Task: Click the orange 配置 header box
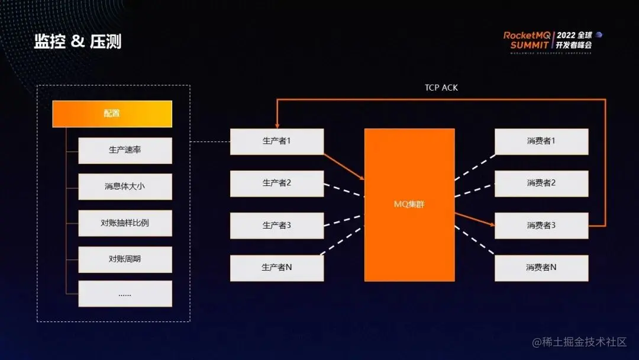point(112,114)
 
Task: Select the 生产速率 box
point(125,150)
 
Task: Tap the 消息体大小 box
point(125,187)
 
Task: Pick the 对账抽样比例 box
point(125,223)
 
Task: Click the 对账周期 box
point(125,259)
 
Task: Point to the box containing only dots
point(125,294)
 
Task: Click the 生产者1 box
point(276,142)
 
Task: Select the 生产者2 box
point(276,184)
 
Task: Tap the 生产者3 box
point(276,226)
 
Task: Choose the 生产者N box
point(276,268)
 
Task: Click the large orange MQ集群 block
point(409,205)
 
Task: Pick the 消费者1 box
point(541,142)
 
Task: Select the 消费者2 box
point(541,184)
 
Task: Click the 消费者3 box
point(541,226)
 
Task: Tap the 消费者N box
point(541,268)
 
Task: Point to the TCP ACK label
point(441,88)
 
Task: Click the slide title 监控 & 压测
point(78,41)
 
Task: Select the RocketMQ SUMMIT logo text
point(527,40)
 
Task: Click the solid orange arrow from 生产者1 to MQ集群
point(344,166)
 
